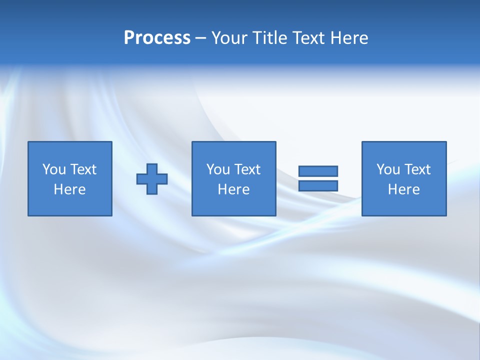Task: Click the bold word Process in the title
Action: click(157, 38)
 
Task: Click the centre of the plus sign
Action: click(152, 179)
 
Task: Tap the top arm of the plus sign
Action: click(152, 168)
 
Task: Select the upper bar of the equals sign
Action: click(318, 171)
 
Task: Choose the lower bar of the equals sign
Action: click(318, 186)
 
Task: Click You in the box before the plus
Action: click(54, 169)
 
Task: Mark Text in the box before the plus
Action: click(83, 169)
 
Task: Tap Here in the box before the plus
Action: click(69, 189)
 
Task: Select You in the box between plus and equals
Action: click(218, 169)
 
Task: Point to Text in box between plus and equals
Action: click(247, 169)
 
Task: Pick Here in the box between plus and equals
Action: click(233, 189)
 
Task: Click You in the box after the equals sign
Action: click(388, 169)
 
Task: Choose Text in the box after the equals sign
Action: click(417, 169)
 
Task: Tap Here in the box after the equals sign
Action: click(403, 189)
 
